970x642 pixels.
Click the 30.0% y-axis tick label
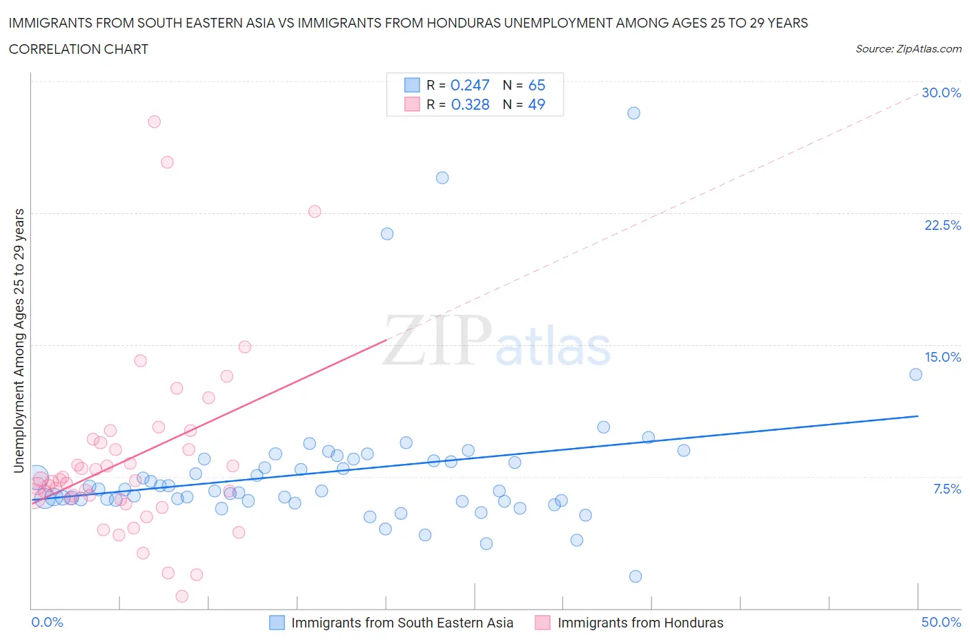coord(941,93)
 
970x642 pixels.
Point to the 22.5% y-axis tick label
coord(942,225)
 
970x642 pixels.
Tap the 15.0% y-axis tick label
coord(942,357)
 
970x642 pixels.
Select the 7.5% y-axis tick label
coord(947,489)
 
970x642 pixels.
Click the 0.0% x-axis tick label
coord(47,622)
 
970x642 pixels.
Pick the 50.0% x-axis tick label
coord(941,622)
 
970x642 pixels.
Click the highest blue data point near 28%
coord(634,113)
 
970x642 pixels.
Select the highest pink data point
coord(155,121)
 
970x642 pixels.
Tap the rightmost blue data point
coord(915,374)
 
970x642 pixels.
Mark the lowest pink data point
coord(182,596)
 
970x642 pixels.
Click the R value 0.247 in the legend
coord(470,85)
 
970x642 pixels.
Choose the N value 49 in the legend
coord(536,104)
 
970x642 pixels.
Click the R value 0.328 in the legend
coord(470,104)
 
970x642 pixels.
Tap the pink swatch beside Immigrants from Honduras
coord(543,623)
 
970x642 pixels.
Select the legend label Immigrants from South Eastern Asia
coord(402,623)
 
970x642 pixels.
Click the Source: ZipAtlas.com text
coord(908,48)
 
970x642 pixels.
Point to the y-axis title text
coord(19,341)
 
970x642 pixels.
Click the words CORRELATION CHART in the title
coord(79,49)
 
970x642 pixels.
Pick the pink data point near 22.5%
coord(315,211)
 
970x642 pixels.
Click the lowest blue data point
coord(635,576)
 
